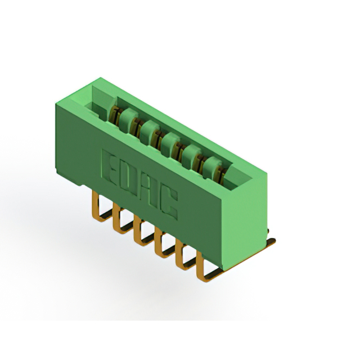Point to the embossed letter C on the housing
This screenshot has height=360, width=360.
coord(168,205)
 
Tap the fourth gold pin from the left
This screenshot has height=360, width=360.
coord(160,247)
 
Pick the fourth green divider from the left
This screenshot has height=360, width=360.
coord(190,153)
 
